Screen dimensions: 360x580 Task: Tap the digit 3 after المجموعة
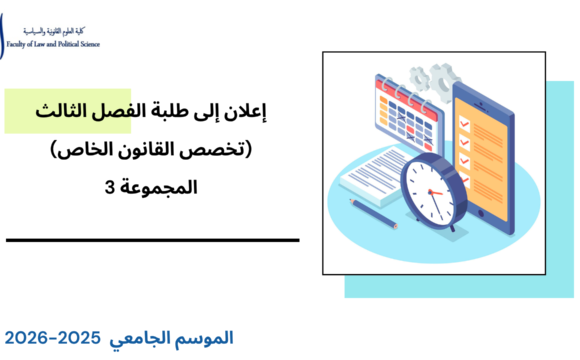pos(108,188)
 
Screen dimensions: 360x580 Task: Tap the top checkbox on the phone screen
pos(463,103)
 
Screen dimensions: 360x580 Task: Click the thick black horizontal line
pos(152,240)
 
